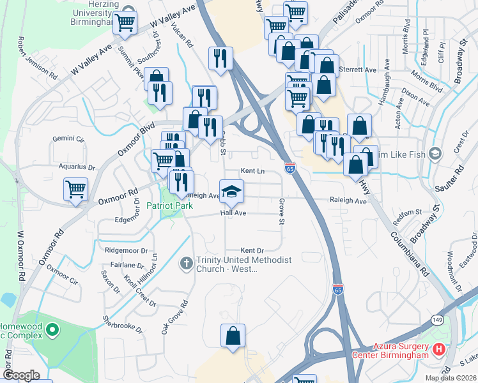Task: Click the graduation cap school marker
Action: pos(232,190)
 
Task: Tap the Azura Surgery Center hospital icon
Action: pos(439,349)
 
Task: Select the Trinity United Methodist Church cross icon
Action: pos(186,263)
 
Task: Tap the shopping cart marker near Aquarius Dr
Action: pos(75,189)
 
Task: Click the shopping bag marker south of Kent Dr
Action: pos(233,336)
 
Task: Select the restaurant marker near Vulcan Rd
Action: pos(220,58)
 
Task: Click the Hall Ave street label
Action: pos(233,213)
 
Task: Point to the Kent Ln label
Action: pos(252,171)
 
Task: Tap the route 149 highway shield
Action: pos(437,319)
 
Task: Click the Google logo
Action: pos(21,375)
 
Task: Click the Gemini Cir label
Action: pos(68,139)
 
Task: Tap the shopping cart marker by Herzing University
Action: pos(125,23)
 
